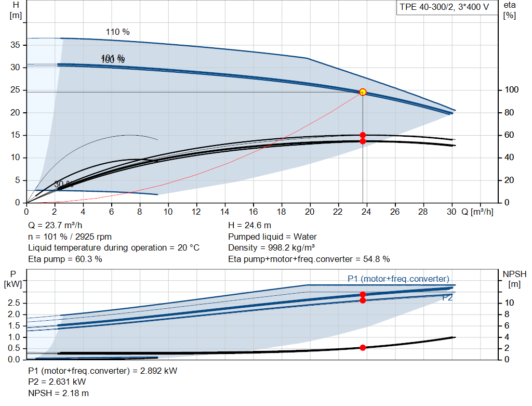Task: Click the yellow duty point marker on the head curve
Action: [x=363, y=92]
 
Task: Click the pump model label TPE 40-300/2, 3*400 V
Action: [x=444, y=8]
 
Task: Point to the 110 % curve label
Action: [x=117, y=32]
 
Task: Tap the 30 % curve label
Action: [x=63, y=185]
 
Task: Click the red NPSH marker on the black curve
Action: [x=363, y=347]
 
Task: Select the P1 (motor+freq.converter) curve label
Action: [x=398, y=279]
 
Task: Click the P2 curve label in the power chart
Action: [x=447, y=298]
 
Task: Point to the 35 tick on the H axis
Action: [x=15, y=45]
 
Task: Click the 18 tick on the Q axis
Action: [x=282, y=212]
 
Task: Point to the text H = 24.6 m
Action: [x=250, y=226]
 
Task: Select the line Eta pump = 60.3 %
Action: [x=65, y=258]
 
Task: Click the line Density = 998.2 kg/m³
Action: [x=272, y=247]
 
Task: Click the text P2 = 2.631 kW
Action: [x=57, y=382]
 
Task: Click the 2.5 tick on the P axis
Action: [x=15, y=303]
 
